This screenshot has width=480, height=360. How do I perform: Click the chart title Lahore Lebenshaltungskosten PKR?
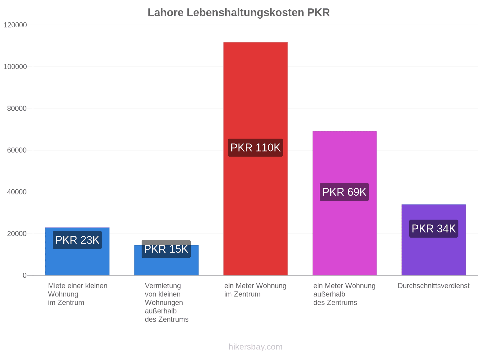click(238, 13)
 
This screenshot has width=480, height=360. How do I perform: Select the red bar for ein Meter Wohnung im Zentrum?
click(255, 159)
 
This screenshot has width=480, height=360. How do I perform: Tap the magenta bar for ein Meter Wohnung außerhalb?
click(344, 203)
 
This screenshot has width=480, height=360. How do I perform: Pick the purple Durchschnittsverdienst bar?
click(433, 240)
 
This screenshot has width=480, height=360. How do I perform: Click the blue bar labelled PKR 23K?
click(77, 251)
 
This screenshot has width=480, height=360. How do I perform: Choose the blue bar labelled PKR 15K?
click(166, 260)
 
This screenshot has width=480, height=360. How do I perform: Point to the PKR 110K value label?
click(255, 148)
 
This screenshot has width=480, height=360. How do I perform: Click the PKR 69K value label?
click(344, 192)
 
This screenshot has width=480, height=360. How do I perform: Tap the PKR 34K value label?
click(433, 229)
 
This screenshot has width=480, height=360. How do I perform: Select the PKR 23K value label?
click(77, 240)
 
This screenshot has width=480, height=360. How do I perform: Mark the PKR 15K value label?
click(166, 249)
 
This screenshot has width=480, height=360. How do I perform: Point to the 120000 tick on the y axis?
click(15, 25)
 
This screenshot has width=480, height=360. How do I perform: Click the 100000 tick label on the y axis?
click(15, 67)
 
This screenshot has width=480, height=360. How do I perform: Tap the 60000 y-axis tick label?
click(17, 150)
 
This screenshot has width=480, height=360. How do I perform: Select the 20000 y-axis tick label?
click(17, 234)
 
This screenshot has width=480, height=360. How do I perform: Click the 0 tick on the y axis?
click(25, 275)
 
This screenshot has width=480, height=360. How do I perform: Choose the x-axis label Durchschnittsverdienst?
click(433, 286)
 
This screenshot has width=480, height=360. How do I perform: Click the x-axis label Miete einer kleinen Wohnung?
click(78, 294)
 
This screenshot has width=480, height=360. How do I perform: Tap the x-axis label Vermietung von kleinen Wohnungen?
click(166, 302)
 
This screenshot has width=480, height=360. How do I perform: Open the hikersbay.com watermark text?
click(255, 347)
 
